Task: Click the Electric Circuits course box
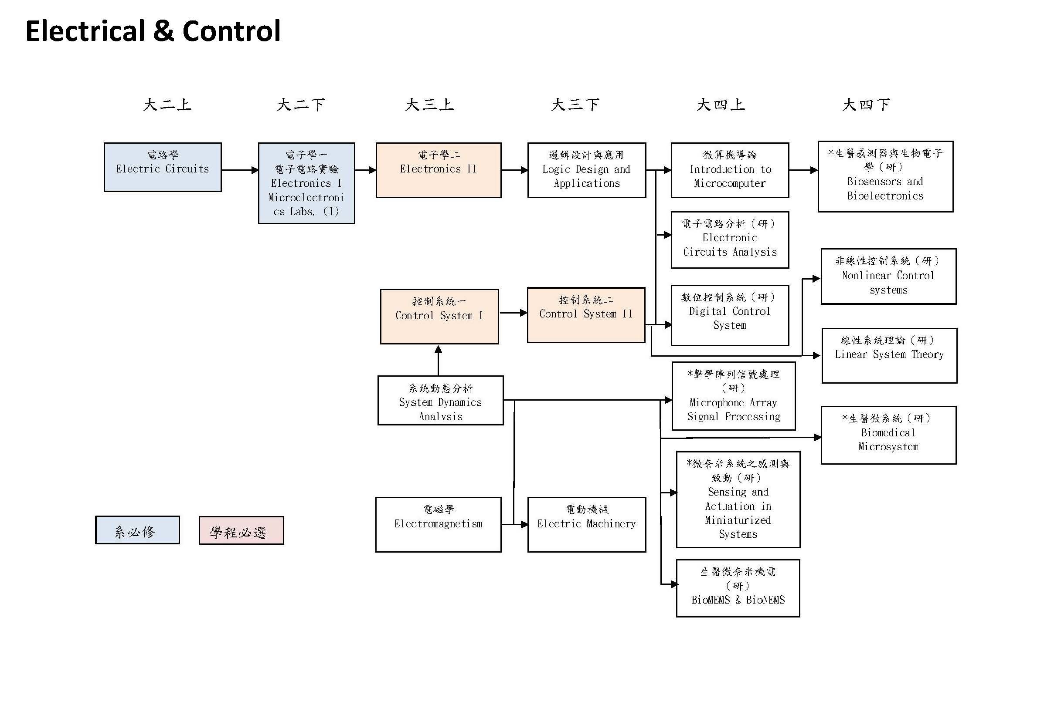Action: point(163,167)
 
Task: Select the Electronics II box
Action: point(438,170)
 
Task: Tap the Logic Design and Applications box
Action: point(586,170)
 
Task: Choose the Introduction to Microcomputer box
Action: point(730,170)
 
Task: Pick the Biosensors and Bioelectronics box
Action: point(885,176)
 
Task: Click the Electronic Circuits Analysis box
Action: point(730,240)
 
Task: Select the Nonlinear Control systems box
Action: point(888,277)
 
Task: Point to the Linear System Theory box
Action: point(889,356)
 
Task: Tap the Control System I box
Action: point(439,317)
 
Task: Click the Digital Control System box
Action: point(730,315)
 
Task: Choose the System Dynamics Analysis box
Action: point(441,400)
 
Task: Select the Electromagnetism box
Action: point(438,525)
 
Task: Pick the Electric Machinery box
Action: point(587,525)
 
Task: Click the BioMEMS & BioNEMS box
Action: point(738,588)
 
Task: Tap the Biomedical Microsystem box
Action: point(888,435)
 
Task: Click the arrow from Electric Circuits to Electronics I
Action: point(240,170)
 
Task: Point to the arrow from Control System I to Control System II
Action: point(513,313)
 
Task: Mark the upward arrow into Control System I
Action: point(438,360)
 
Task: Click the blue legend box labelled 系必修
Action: point(138,530)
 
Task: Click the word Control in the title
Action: point(231,31)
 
